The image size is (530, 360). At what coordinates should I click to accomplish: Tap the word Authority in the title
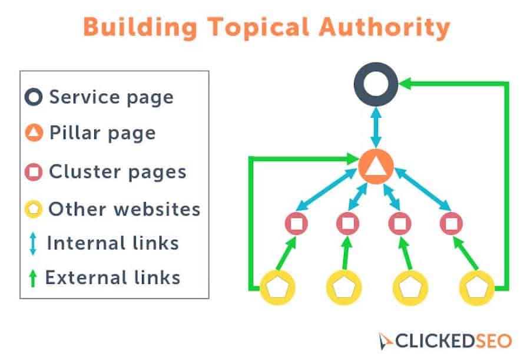point(385,28)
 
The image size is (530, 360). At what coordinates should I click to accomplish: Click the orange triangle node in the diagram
point(376,167)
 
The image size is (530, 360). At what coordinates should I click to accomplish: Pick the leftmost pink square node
point(296,223)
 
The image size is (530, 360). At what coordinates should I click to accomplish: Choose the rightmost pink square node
point(451,223)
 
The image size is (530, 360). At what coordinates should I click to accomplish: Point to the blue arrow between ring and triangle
point(376,127)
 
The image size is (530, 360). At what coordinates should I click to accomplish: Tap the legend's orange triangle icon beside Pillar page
point(34,133)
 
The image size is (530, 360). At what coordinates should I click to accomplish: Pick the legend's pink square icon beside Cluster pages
point(34,172)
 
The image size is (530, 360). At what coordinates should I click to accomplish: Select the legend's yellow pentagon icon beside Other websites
point(34,209)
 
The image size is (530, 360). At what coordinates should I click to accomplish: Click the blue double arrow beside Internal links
point(33,243)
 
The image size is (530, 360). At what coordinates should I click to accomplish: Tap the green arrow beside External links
point(33,278)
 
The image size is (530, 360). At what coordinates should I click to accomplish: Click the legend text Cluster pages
point(118,172)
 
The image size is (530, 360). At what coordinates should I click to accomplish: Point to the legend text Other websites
point(124,209)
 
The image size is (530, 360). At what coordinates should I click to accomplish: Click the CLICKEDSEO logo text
point(453,341)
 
